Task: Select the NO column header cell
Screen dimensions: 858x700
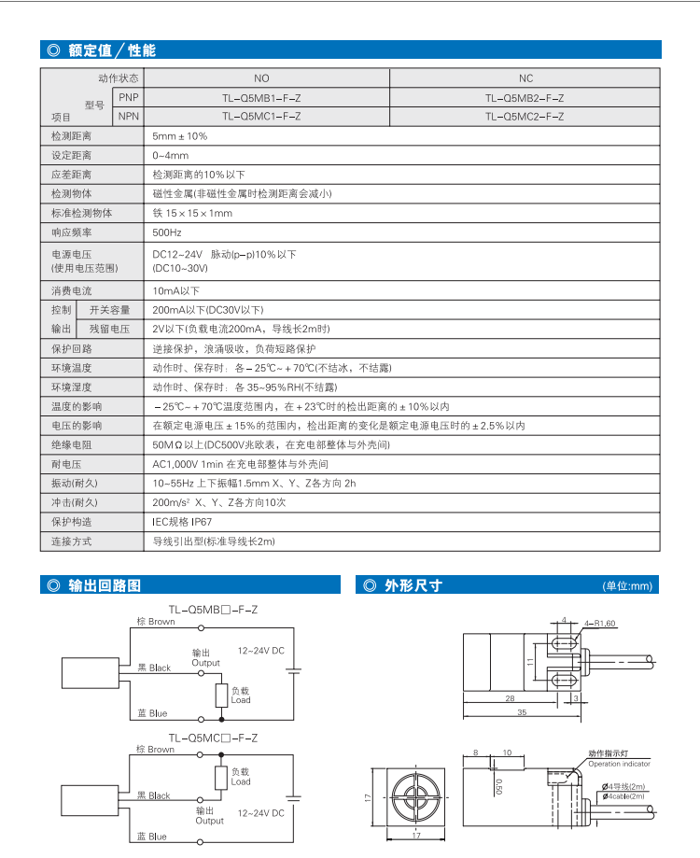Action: (x=261, y=78)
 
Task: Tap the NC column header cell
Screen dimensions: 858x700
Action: (x=525, y=78)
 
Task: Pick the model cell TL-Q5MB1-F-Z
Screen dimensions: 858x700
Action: (x=261, y=97)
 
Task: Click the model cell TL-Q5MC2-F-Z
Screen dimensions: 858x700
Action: (x=525, y=117)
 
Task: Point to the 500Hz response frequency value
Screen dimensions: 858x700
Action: (x=165, y=232)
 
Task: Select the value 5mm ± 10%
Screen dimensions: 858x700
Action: (x=180, y=136)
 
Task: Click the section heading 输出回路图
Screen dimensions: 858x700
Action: (x=105, y=585)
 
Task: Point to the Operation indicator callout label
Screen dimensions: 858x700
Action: (x=619, y=764)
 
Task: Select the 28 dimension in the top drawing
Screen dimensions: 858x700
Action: (x=510, y=697)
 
